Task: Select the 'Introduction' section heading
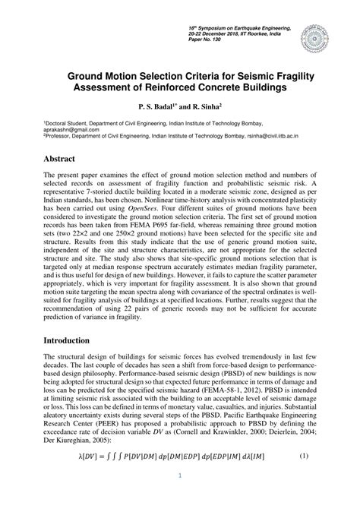[74, 341]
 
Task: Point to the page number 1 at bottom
[179, 497]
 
